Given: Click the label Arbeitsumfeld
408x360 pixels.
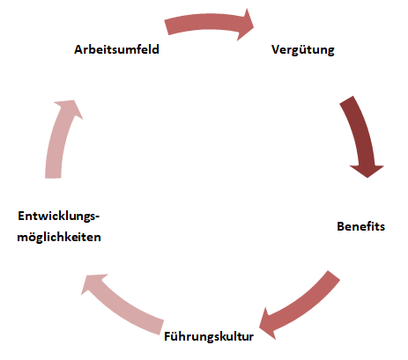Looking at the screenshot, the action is coord(116,49).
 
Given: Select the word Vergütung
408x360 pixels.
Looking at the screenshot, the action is coord(303,50).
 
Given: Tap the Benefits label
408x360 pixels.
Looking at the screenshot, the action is coord(360,226).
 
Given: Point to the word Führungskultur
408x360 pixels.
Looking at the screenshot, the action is coord(209,336).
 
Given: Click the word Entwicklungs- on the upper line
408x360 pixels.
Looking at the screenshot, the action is coord(59,217).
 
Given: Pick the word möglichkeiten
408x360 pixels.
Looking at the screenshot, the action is coord(59,237).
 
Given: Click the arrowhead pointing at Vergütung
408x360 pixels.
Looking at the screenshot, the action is coord(246,25).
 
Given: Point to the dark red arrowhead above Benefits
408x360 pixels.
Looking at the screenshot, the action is coord(367,171).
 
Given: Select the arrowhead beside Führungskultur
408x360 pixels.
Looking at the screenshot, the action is coord(268,324).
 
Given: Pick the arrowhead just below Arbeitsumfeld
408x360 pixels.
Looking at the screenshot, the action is coord(70,107).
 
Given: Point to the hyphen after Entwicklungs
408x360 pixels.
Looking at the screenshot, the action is coord(98,217).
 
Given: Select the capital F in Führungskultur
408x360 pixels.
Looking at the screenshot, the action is coord(167,336).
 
